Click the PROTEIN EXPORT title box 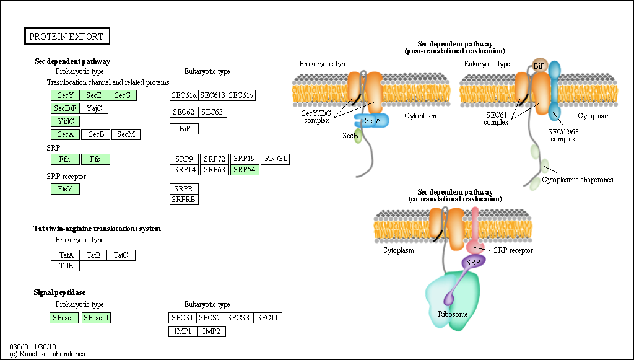coord(67,37)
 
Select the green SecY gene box coord(65,95)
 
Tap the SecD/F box coord(65,108)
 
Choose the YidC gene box coord(65,121)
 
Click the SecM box coord(126,134)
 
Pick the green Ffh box coord(65,159)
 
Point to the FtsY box coord(65,189)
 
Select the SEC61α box coord(184,95)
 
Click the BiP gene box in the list coord(184,129)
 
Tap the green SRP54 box coord(245,169)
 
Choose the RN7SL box coord(276,159)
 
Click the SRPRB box coord(184,199)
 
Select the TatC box coord(121,255)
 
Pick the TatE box coord(65,266)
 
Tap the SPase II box coord(96,318)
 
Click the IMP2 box coord(211,331)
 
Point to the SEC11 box coord(268,318)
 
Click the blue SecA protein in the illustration coord(372,120)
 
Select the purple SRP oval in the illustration coord(474,261)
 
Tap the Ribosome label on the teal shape coord(453,314)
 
